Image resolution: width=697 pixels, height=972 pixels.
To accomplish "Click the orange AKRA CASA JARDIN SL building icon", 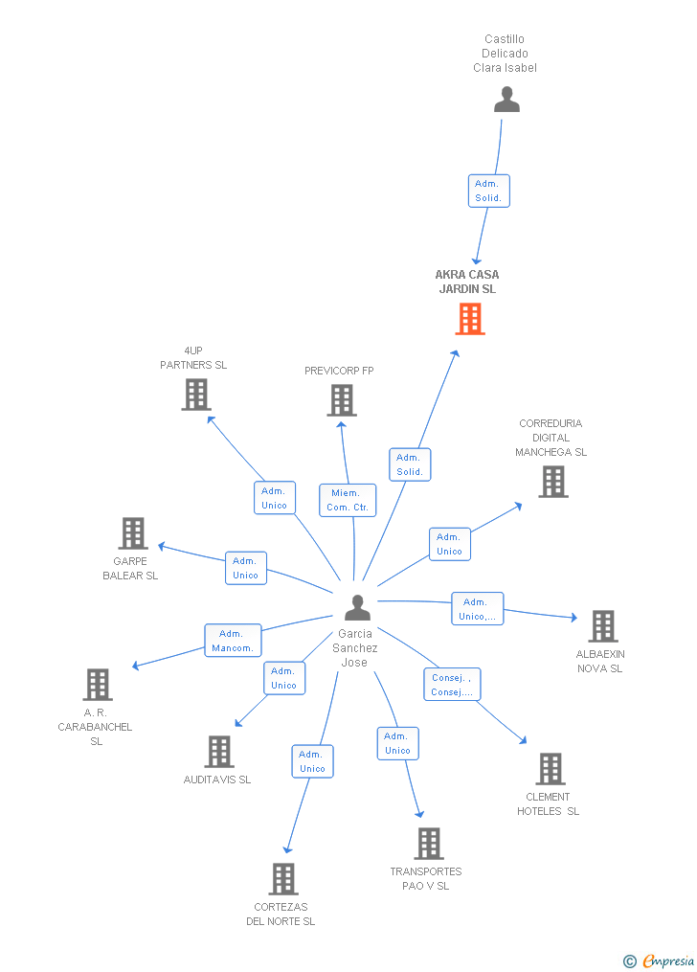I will coord(469,319).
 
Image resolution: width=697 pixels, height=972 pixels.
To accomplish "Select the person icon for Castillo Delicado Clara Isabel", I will coord(506,100).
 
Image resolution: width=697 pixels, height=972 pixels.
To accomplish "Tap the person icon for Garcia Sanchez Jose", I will coord(357,608).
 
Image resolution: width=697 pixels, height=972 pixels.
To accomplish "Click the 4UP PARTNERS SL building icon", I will coord(195,395).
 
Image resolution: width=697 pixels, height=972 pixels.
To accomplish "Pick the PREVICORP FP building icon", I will coord(342,400).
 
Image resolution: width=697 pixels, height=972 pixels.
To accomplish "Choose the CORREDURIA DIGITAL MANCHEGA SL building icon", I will coord(552,482).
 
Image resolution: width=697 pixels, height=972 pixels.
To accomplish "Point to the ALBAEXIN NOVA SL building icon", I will coord(602,626).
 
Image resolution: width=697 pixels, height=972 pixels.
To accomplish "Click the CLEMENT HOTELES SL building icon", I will coord(550,769).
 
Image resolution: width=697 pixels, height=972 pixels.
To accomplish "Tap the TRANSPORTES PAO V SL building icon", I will coord(428,844).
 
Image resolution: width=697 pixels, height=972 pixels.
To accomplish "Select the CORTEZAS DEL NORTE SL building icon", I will coord(282,879).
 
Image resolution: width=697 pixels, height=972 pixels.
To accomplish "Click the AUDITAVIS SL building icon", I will coord(219,752).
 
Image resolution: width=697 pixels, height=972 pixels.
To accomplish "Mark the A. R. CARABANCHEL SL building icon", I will coord(98,685).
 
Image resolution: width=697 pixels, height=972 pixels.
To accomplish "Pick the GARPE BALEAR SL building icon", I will coord(132,533).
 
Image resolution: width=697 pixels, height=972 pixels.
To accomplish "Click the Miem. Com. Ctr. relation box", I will coord(347,500).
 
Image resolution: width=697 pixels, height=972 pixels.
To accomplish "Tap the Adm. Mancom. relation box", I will coord(233,641).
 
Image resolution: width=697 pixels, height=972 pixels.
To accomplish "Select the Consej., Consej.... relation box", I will coord(452,685).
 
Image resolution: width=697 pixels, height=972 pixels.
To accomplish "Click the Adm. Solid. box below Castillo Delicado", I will coord(488,191).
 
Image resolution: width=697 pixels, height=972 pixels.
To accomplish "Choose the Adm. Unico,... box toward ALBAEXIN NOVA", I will coord(477,609).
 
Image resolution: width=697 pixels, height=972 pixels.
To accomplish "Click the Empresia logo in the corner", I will coord(660,961).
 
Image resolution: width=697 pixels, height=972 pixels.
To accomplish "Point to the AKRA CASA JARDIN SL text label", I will coord(467,282).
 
